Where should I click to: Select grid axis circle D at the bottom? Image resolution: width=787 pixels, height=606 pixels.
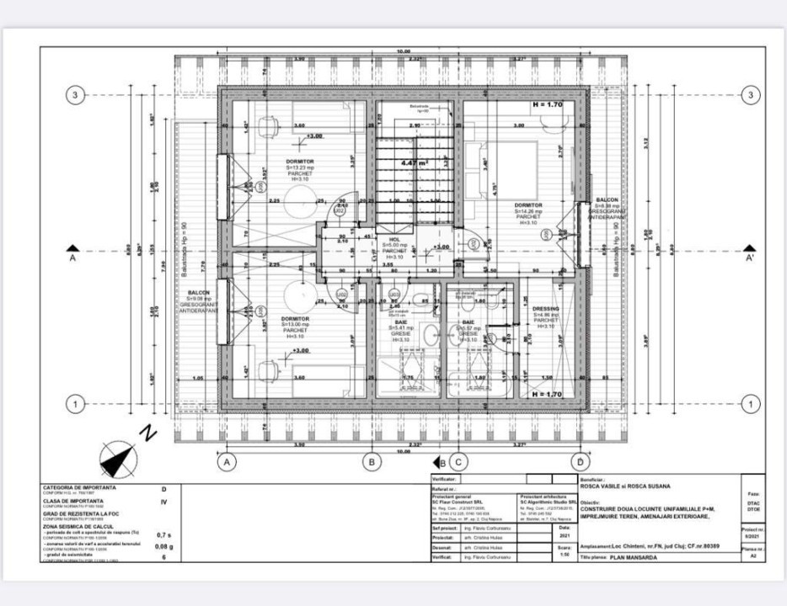pyautogui.click(x=581, y=461)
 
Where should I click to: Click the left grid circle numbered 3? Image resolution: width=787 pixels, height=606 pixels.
pyautogui.click(x=75, y=95)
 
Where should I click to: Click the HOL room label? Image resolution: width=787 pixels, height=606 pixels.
pyautogui.click(x=394, y=240)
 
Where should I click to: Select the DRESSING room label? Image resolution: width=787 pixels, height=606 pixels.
pyautogui.click(x=545, y=309)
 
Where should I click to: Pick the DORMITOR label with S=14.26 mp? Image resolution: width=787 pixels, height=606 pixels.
pyautogui.click(x=528, y=205)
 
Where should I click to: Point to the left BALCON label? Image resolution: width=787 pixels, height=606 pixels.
pyautogui.click(x=199, y=293)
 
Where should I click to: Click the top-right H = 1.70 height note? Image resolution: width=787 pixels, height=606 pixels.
pyautogui.click(x=549, y=106)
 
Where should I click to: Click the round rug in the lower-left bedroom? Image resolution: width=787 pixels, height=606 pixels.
pyautogui.click(x=297, y=296)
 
